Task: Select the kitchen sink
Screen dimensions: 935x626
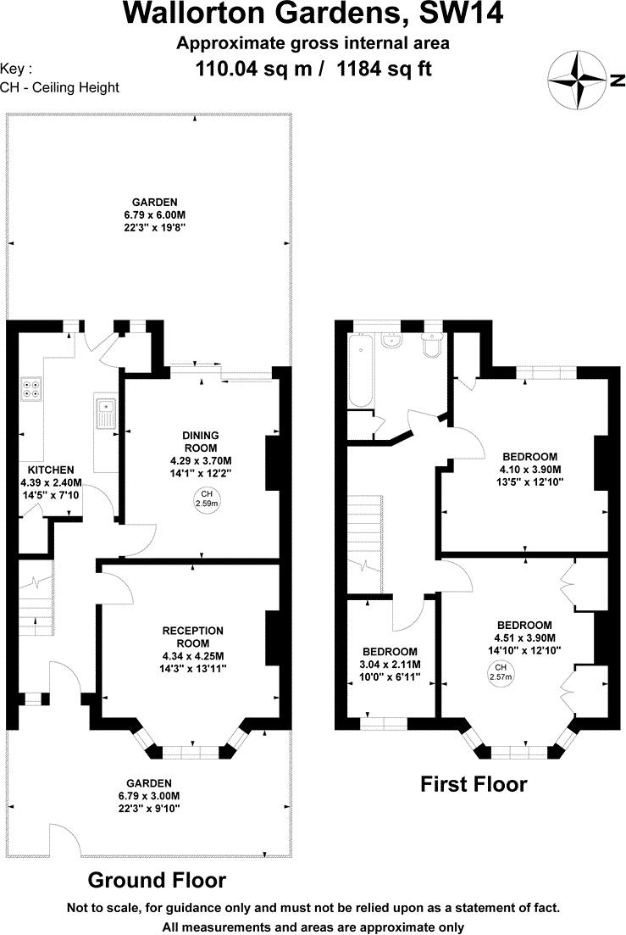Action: pyautogui.click(x=105, y=413)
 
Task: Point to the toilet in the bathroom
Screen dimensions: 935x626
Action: pyautogui.click(x=433, y=345)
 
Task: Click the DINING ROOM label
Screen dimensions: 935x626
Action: pyautogui.click(x=200, y=442)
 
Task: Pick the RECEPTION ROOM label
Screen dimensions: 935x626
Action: pyautogui.click(x=193, y=637)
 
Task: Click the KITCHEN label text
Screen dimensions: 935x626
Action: pyautogui.click(x=51, y=470)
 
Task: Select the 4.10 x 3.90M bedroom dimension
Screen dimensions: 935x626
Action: pyautogui.click(x=529, y=470)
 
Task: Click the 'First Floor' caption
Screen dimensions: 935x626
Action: pyautogui.click(x=474, y=784)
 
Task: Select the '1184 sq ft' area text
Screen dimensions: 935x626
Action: pyautogui.click(x=385, y=69)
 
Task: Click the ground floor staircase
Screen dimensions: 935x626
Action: pyautogui.click(x=36, y=597)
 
